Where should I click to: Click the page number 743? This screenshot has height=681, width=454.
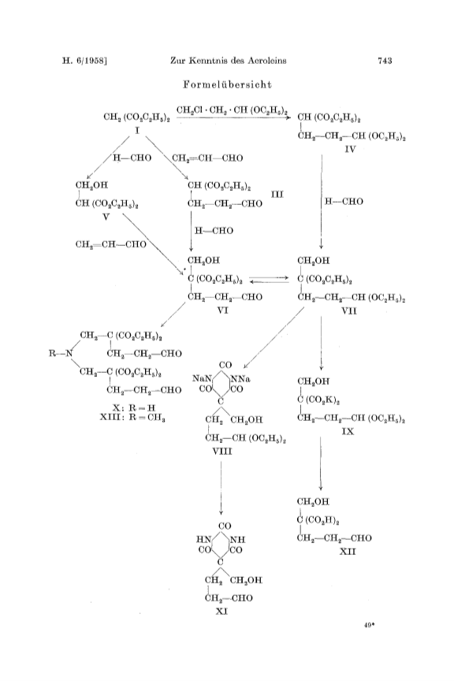[x=385, y=61]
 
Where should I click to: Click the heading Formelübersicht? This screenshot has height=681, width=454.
[x=227, y=84]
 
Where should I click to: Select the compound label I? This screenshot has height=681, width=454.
[x=137, y=130]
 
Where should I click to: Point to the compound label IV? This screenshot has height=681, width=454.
[x=350, y=150]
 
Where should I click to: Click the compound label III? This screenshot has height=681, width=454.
[x=277, y=194]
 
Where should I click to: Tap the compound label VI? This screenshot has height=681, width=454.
[x=222, y=310]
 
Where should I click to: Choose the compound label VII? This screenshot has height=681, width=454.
[x=349, y=311]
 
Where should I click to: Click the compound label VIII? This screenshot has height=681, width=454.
[x=222, y=452]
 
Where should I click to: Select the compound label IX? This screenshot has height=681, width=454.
[x=348, y=432]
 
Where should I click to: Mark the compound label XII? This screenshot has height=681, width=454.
[x=348, y=552]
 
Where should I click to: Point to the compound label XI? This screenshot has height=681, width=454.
[x=221, y=612]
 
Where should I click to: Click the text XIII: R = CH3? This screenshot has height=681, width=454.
[x=132, y=418]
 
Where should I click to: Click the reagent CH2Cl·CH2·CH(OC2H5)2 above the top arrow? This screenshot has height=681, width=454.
[x=233, y=111]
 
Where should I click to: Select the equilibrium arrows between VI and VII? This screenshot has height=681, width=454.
[x=270, y=279]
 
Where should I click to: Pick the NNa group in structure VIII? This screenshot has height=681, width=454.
[x=240, y=379]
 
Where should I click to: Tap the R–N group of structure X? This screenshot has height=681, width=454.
[x=60, y=354]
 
